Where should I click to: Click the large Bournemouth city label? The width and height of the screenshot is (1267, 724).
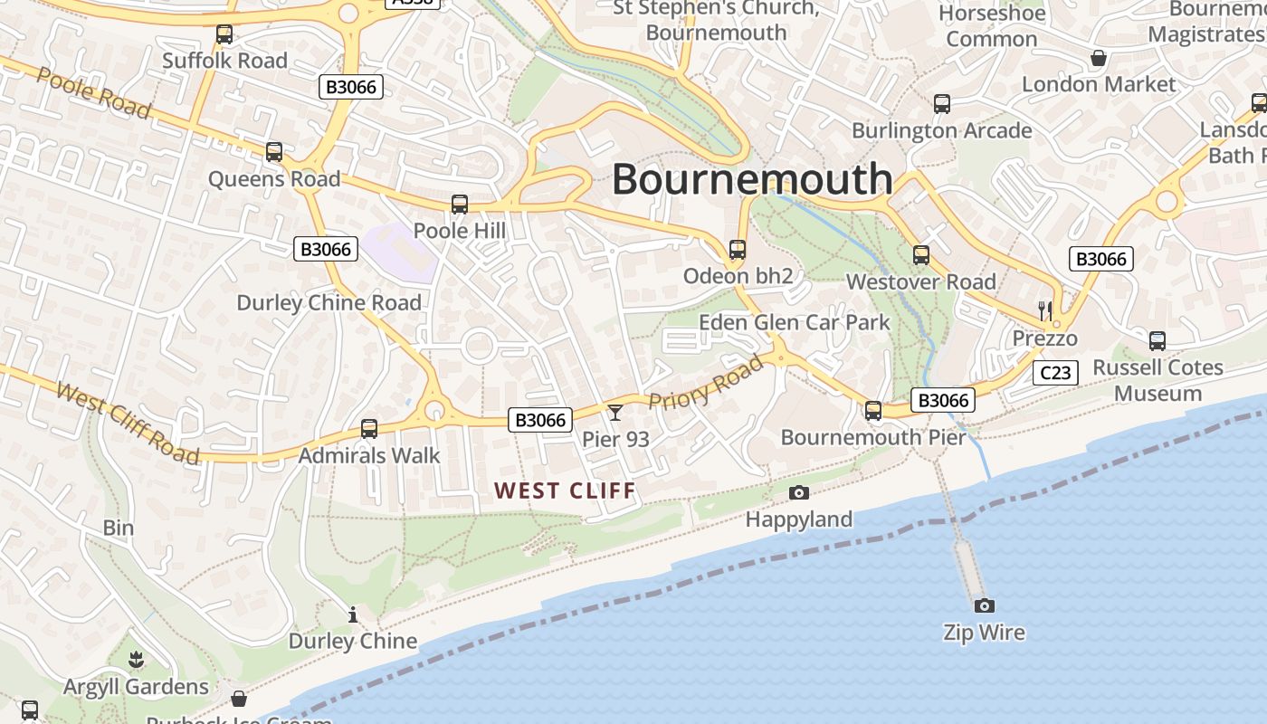click(x=752, y=179)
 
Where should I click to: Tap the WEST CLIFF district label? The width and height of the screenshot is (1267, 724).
click(x=566, y=491)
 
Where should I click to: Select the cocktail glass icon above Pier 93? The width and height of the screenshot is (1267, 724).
click(x=615, y=413)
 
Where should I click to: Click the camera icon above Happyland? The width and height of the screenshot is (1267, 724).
click(x=798, y=492)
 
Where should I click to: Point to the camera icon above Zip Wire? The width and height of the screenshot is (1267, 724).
click(x=984, y=605)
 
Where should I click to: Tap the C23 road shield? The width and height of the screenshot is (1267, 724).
click(x=1055, y=372)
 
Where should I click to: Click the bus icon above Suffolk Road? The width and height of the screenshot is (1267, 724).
click(x=224, y=34)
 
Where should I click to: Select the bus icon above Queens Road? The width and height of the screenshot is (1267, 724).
click(x=274, y=152)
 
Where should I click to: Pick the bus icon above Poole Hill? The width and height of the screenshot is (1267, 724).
click(x=460, y=205)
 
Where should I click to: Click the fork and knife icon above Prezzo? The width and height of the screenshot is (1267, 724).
click(x=1045, y=311)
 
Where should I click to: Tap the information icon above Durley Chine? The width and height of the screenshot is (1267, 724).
click(x=353, y=615)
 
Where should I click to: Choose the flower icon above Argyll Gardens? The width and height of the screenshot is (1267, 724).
click(x=136, y=660)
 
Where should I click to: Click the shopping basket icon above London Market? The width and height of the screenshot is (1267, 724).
click(x=1099, y=59)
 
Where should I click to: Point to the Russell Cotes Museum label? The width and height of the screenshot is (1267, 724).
click(x=1157, y=380)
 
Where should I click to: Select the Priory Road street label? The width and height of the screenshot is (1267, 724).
click(x=706, y=383)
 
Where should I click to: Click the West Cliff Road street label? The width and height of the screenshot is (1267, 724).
click(x=127, y=423)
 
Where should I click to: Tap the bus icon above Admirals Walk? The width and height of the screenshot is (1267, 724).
click(x=369, y=429)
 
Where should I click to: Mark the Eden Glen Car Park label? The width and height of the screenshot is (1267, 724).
click(x=794, y=322)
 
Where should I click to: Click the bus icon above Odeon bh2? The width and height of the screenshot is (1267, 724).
click(x=738, y=250)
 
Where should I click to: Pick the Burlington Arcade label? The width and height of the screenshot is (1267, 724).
click(x=941, y=130)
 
